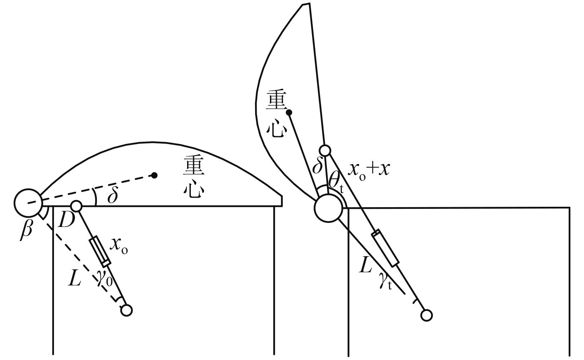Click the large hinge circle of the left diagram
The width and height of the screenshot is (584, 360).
[28, 202]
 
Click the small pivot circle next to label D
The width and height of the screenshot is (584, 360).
[76, 206]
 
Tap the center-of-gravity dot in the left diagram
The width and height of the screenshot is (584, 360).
[154, 175]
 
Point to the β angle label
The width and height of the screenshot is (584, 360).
[26, 230]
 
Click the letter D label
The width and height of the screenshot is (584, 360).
[66, 221]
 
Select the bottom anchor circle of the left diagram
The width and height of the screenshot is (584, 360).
[127, 310]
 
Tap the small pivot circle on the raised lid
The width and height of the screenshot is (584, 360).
[325, 150]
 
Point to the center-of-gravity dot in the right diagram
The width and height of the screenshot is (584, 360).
[289, 112]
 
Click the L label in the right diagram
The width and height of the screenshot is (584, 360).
[366, 266]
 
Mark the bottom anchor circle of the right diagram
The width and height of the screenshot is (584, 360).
[426, 316]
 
